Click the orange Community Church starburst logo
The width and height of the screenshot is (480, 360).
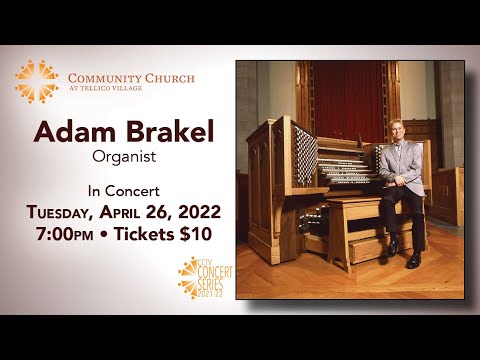(x=36, y=81)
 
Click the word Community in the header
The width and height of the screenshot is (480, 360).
(x=103, y=77)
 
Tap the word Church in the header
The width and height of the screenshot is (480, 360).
(x=168, y=77)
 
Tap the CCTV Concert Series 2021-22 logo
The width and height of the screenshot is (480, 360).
(x=205, y=277)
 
